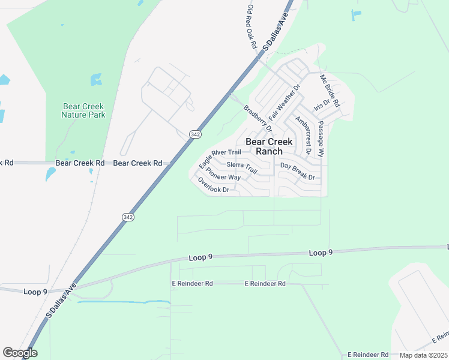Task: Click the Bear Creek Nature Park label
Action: [x=84, y=110]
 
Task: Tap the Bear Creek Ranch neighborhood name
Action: [x=269, y=146]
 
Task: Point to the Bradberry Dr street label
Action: [x=258, y=118]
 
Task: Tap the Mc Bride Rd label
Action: [x=330, y=91]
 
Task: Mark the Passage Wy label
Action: [x=321, y=139]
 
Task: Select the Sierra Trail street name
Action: [x=242, y=167]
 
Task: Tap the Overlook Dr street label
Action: [x=214, y=185]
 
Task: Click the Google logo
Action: [x=19, y=353]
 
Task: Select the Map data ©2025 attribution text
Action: [x=423, y=355]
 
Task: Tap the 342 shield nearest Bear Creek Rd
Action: [x=194, y=134]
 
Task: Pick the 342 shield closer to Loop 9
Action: [x=127, y=217]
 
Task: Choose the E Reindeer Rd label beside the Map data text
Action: [x=369, y=355]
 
